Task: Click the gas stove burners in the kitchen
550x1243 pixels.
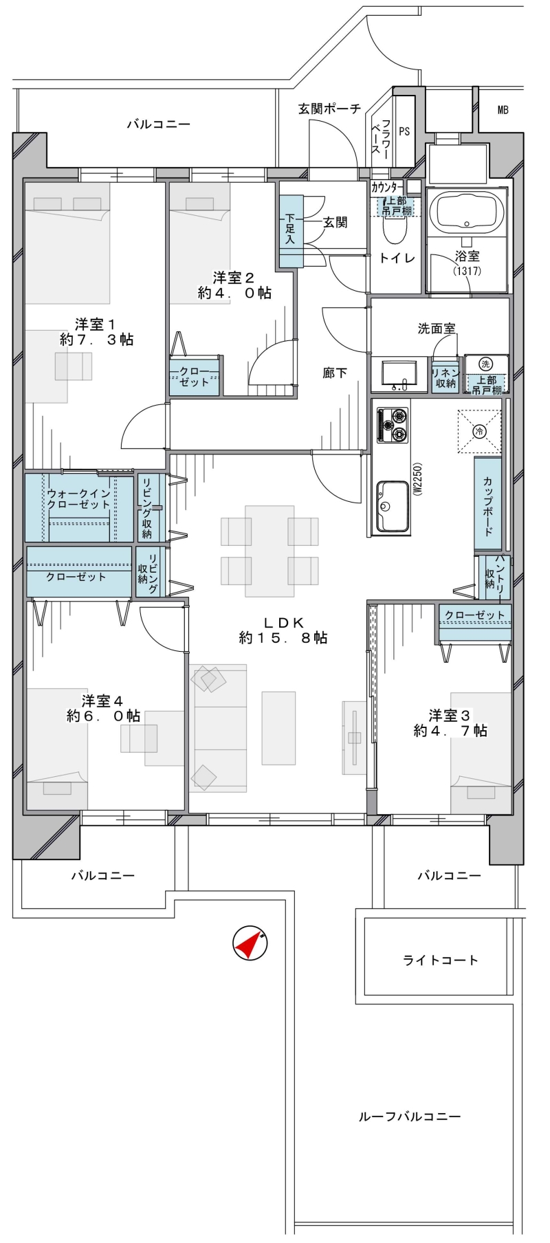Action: (x=393, y=425)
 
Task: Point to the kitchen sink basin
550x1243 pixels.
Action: (x=393, y=507)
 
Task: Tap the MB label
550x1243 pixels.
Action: (x=503, y=110)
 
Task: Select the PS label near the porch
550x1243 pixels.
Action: (x=404, y=131)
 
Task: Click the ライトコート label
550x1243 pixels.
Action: (x=440, y=960)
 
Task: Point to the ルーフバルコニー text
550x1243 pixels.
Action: (x=410, y=1117)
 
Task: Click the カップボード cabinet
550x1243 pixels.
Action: (x=487, y=504)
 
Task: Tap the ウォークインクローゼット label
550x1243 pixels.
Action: (x=78, y=498)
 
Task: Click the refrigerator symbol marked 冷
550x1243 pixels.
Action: (x=479, y=431)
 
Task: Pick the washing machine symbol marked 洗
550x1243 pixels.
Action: (x=486, y=364)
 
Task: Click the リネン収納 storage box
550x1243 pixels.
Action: (x=445, y=377)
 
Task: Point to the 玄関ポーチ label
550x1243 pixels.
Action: (x=329, y=109)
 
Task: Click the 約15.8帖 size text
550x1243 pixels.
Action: (x=283, y=638)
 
